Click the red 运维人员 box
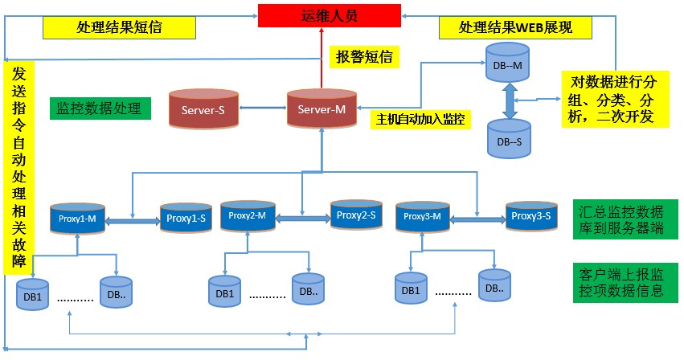click(x=330, y=15)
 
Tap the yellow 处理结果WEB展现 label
click(x=514, y=27)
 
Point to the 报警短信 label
click(x=362, y=57)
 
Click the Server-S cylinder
click(x=199, y=109)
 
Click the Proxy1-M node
click(x=78, y=218)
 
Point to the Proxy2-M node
click(x=248, y=216)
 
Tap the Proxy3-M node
click(x=423, y=216)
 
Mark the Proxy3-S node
click(x=531, y=215)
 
